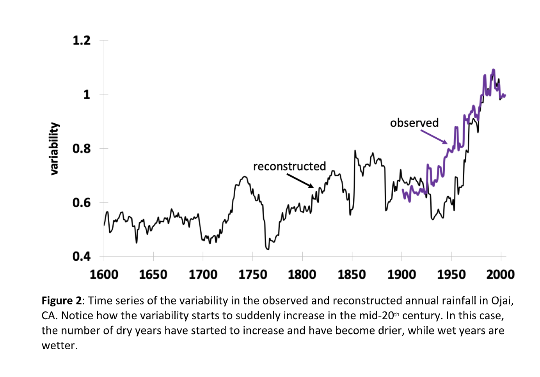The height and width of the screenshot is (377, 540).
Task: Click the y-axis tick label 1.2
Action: click(81, 40)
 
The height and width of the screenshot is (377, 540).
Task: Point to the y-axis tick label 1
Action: click(86, 94)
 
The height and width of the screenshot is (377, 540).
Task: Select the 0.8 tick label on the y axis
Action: click(81, 148)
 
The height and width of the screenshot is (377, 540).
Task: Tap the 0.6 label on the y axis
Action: click(81, 203)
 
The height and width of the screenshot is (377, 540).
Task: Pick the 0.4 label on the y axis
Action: click(81, 256)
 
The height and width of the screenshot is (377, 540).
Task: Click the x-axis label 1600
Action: click(104, 274)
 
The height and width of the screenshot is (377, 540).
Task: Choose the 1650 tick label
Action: click(153, 274)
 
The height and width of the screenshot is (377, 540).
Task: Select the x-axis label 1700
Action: click(203, 274)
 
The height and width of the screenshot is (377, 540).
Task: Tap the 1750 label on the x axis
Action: click(252, 274)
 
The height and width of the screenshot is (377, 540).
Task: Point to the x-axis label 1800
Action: click(302, 274)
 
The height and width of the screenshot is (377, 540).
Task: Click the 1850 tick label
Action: click(352, 274)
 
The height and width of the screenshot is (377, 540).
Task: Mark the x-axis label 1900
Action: click(401, 274)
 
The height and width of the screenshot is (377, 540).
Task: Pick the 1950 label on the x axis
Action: click(451, 274)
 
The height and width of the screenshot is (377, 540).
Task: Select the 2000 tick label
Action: click(500, 274)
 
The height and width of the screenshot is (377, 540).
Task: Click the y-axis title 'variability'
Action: click(54, 148)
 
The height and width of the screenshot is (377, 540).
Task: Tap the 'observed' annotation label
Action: click(414, 123)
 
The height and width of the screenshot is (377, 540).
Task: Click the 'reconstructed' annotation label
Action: click(290, 166)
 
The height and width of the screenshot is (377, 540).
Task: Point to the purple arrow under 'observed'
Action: click(434, 137)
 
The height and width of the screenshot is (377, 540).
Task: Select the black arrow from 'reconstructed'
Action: click(300, 180)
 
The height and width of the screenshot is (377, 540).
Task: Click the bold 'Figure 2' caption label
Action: click(62, 301)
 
